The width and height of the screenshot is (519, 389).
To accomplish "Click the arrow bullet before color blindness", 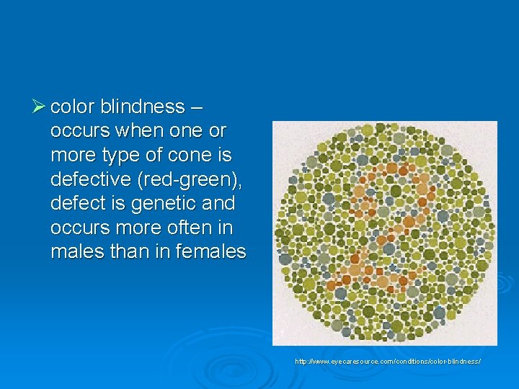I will (40, 107).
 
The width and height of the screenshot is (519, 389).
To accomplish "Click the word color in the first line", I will (73, 107).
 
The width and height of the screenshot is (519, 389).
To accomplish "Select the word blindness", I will (143, 107).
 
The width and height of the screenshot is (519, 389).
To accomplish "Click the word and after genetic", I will (220, 204).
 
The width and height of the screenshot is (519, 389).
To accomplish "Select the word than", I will (125, 253).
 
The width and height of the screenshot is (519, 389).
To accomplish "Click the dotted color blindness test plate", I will (384, 233).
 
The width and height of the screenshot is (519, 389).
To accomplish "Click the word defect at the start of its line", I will (76, 204).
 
